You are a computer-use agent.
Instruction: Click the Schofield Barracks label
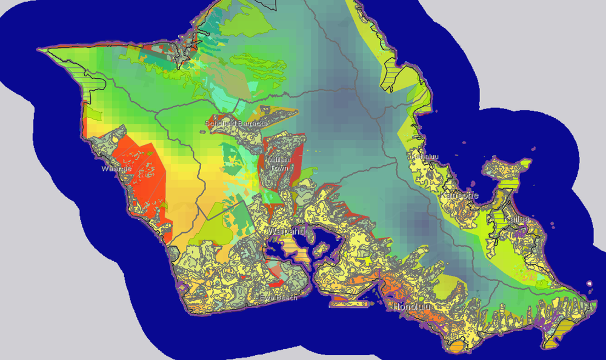236,124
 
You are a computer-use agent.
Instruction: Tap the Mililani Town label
279,164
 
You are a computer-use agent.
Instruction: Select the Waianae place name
116,168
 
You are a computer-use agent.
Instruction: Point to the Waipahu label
285,232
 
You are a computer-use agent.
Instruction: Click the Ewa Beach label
278,298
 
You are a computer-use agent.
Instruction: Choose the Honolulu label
411,307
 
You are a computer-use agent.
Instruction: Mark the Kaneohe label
459,196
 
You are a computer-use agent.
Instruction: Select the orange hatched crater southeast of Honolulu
456,346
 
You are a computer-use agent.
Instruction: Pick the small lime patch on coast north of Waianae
92,113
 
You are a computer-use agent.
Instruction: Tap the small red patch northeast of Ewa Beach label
276,282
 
